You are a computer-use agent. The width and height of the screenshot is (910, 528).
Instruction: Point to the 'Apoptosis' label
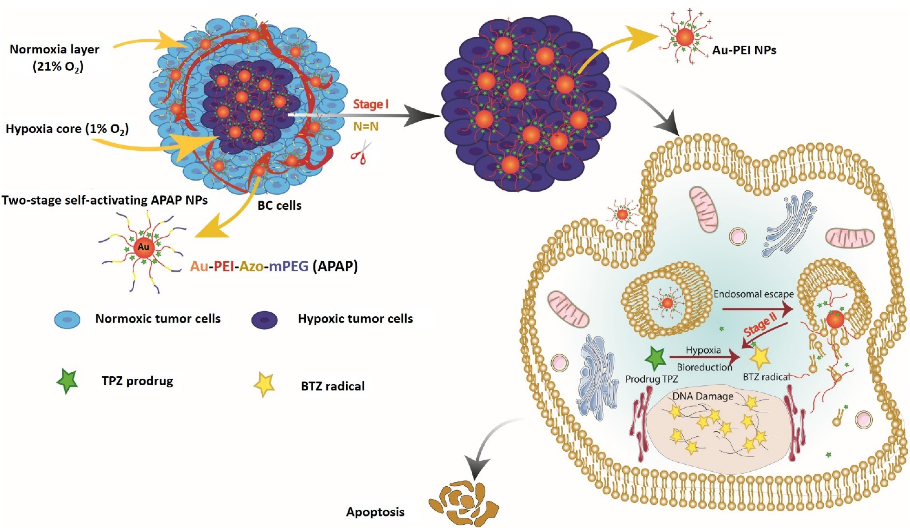[x=376, y=512]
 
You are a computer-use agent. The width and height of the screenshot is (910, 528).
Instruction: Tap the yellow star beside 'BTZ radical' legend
[x=265, y=386]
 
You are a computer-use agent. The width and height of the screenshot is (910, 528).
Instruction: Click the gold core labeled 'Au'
[x=144, y=248]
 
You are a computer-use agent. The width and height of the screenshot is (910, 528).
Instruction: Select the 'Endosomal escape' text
[x=754, y=294]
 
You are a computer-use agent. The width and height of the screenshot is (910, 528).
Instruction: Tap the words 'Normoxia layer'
[x=54, y=49]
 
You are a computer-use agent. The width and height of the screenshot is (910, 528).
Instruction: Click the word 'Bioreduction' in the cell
[x=704, y=367]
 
